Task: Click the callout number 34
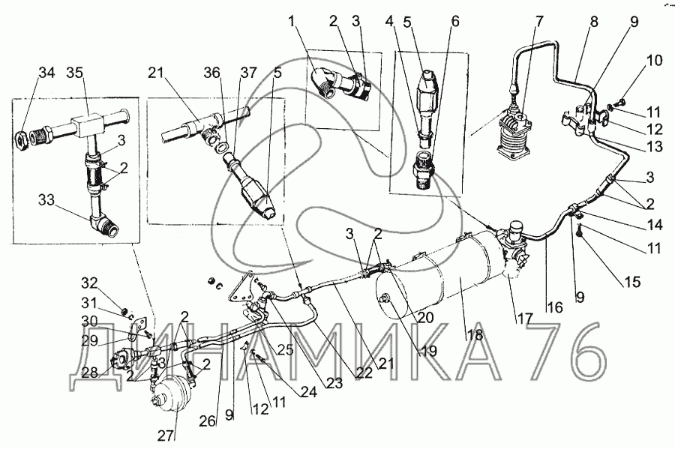(46, 73)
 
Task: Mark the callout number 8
(594, 22)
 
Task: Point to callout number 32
(89, 283)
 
